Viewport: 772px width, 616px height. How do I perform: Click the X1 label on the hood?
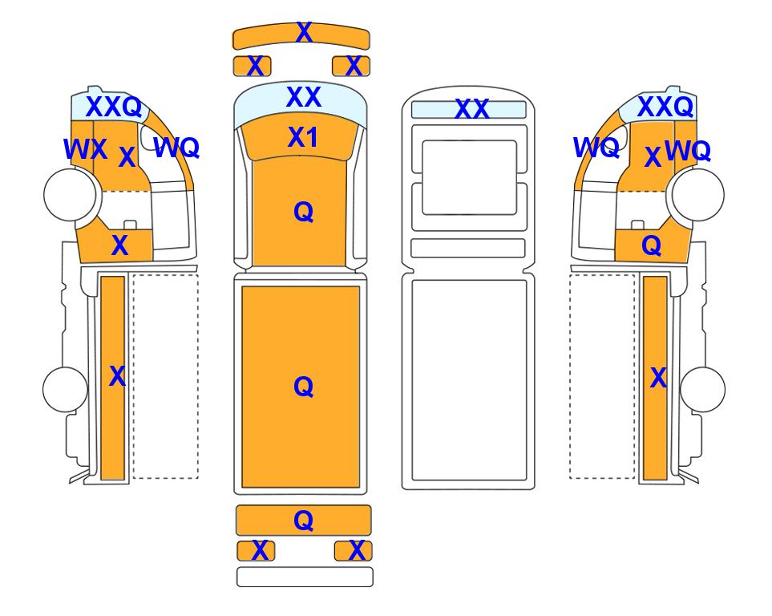click(303, 137)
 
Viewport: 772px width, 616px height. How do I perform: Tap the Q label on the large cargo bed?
click(304, 387)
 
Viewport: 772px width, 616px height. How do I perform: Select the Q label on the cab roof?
click(304, 213)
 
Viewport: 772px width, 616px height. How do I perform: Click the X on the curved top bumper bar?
click(305, 33)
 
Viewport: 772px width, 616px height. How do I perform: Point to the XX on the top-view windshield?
click(304, 96)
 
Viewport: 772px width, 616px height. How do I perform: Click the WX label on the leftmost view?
click(85, 149)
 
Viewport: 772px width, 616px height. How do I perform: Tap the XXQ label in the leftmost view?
click(114, 107)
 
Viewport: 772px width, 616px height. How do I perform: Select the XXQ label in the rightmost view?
click(665, 107)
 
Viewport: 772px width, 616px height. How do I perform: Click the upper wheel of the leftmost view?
click(70, 194)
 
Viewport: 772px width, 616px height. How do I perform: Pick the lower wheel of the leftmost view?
click(65, 389)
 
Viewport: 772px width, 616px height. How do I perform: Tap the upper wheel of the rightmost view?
click(698, 194)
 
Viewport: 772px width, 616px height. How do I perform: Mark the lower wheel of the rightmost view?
click(702, 389)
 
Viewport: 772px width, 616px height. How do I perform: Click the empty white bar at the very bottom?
click(305, 577)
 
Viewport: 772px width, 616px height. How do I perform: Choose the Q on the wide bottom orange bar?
click(304, 521)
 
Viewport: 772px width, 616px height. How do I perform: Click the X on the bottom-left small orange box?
click(260, 550)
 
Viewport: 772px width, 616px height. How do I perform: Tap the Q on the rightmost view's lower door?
click(652, 245)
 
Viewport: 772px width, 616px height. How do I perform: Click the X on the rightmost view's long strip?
click(658, 378)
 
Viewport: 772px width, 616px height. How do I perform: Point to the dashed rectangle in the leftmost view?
click(165, 376)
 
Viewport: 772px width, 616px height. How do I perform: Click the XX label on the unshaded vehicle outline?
click(472, 109)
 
